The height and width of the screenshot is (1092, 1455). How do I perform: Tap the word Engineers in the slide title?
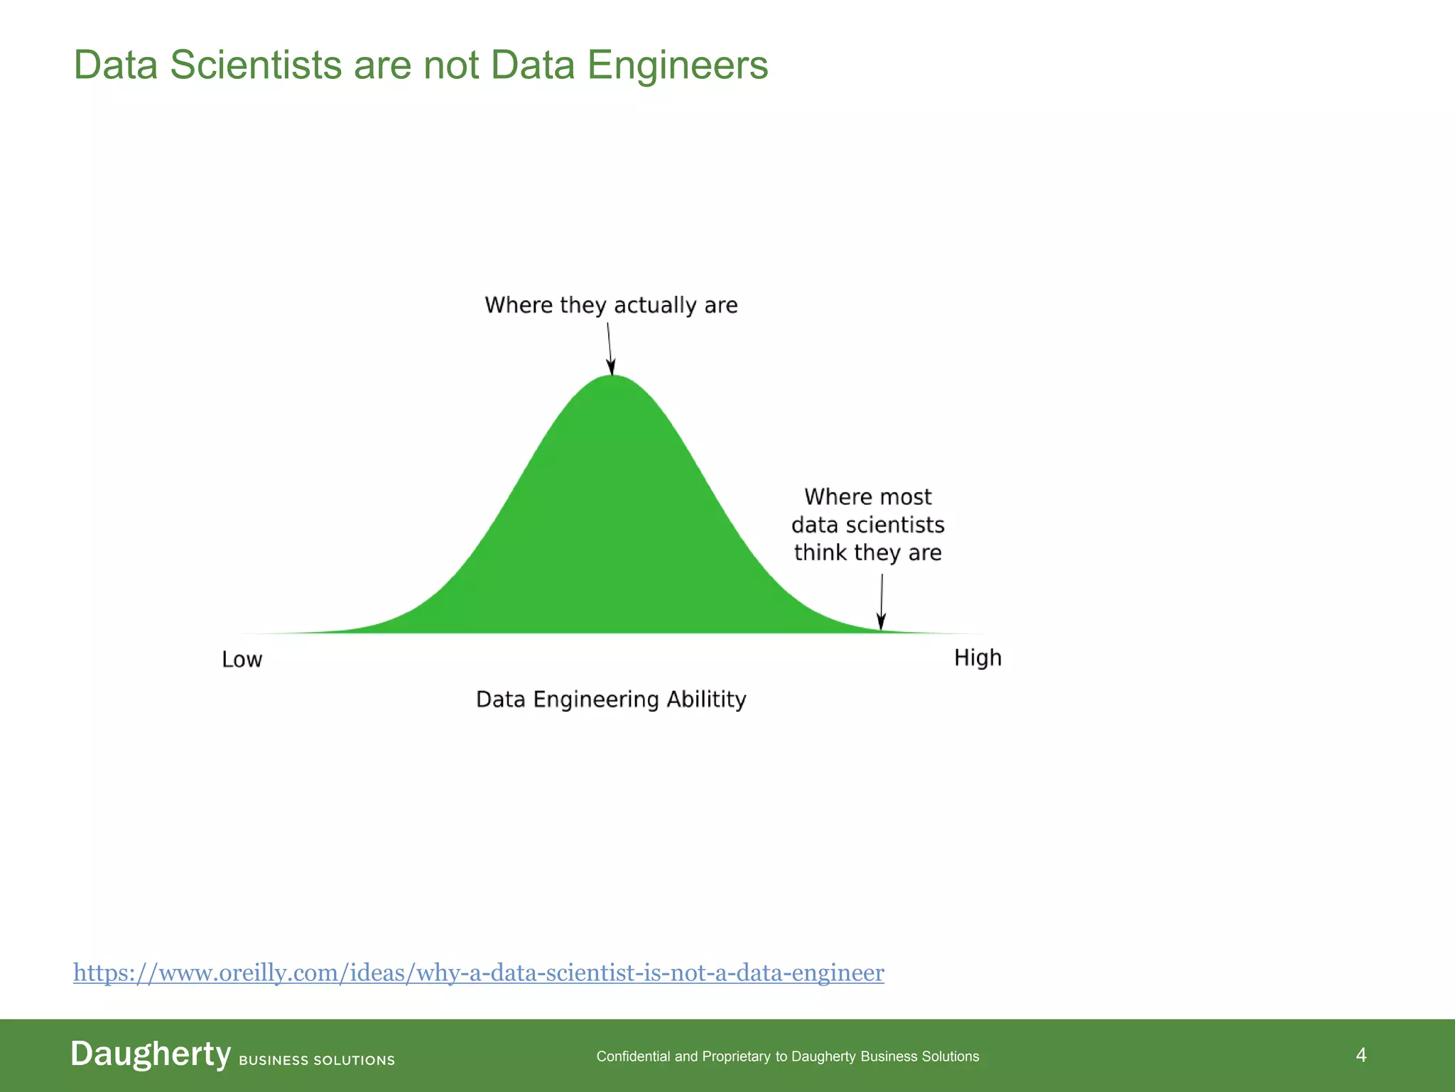coord(678,65)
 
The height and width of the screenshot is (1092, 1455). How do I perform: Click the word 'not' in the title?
coord(451,65)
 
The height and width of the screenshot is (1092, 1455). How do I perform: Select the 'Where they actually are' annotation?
coord(611,305)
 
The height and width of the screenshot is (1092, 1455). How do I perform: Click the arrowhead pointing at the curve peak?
coord(611,367)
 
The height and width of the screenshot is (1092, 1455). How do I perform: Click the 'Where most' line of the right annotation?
coord(867,497)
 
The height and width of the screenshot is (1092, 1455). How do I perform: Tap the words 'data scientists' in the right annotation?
coord(867,525)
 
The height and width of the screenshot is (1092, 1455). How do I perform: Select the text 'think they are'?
coord(867,552)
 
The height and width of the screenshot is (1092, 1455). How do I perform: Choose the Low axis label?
coord(242,660)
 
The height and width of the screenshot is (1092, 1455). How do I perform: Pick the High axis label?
coord(978,658)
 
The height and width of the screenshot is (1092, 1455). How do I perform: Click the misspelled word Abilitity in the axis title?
coord(706,700)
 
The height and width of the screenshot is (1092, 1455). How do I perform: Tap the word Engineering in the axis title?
coord(596,700)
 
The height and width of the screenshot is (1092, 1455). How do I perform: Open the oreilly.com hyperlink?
coord(478,973)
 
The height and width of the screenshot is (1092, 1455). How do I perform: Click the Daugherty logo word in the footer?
coord(151,1054)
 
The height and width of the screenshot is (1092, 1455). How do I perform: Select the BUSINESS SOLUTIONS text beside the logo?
coord(317,1060)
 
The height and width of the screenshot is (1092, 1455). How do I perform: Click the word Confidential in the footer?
coord(633,1056)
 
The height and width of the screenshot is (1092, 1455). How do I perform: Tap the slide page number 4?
coord(1361,1055)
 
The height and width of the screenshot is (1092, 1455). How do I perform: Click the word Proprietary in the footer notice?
coord(736,1056)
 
